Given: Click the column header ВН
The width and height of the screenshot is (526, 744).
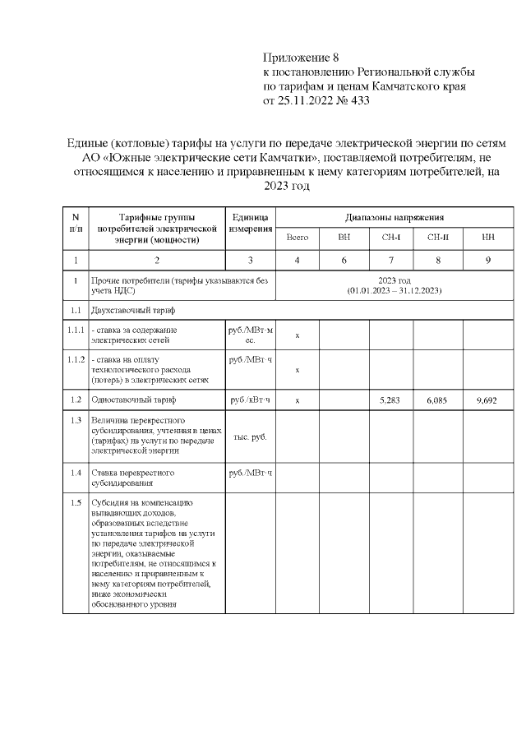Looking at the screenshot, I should click(x=344, y=238).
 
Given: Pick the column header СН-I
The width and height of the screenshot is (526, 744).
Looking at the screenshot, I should click(x=390, y=238).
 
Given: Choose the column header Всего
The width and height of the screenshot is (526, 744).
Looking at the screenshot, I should click(x=297, y=238).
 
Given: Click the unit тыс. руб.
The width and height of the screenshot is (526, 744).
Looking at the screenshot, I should click(x=250, y=437).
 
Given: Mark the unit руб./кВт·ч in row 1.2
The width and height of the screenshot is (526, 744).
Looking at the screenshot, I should click(x=250, y=400).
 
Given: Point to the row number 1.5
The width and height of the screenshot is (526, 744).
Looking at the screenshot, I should click(x=75, y=502).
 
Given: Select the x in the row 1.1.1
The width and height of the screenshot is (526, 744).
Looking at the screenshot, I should click(x=297, y=335).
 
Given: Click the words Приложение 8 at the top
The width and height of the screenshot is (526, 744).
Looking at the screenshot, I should click(x=301, y=58).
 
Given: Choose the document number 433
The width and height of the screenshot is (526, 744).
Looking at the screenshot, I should click(x=359, y=102).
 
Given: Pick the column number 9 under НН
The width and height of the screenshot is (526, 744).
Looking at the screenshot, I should click(x=488, y=261).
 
